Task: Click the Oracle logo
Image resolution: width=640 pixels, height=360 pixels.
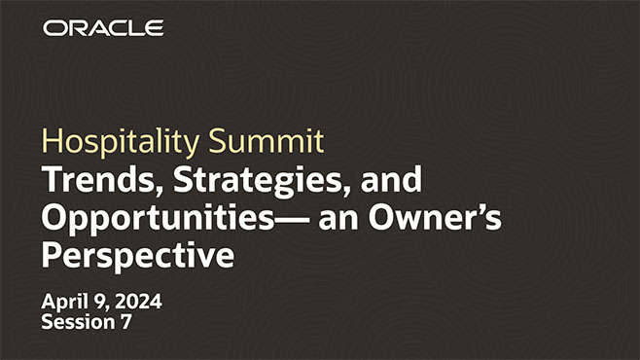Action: pos(102,28)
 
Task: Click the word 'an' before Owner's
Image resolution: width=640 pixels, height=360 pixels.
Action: pos(336,220)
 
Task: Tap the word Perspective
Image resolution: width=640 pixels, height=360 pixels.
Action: pos(137,258)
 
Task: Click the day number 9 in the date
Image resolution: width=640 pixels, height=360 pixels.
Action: pos(97,301)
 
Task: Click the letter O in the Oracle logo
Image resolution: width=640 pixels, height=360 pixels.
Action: pos(54,28)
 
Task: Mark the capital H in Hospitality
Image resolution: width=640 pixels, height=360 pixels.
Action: pos(50,142)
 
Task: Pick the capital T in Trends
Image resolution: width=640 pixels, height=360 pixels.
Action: pos(50,180)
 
